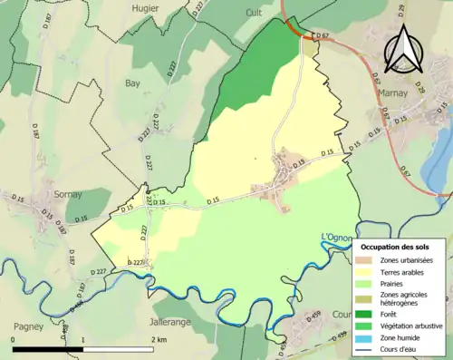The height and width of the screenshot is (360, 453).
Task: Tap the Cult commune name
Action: point(254,13)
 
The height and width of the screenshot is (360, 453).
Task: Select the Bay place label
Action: point(132,83)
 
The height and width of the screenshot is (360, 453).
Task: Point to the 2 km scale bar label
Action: point(160,340)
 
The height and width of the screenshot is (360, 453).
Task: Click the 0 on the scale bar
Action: point(13,340)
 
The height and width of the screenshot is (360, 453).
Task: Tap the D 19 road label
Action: point(300,163)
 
